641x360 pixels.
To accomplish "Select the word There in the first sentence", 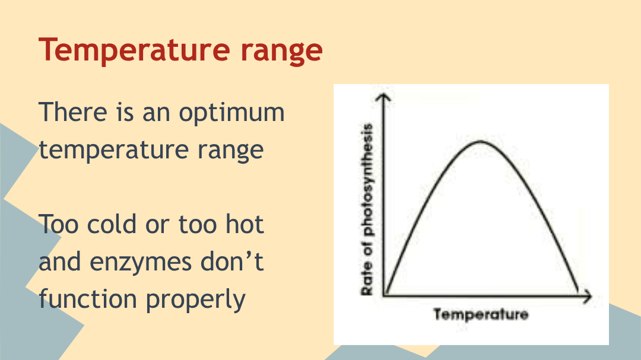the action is coord(73,111).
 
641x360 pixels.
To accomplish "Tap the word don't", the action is coord(232,261).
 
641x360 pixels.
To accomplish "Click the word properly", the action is coord(195,301).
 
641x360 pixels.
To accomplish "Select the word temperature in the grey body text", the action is coord(114,151).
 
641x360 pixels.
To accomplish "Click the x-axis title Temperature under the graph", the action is coord(481,314).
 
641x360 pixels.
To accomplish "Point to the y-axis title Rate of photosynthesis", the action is coord(367,209).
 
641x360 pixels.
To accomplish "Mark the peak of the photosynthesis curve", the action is coord(480,141).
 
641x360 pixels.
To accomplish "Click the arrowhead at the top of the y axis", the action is coord(383,97).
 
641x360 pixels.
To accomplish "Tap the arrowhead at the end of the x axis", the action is coord(587,297).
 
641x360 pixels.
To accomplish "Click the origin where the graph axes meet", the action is coord(384,295).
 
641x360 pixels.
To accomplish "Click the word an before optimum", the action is coord(156,114).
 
